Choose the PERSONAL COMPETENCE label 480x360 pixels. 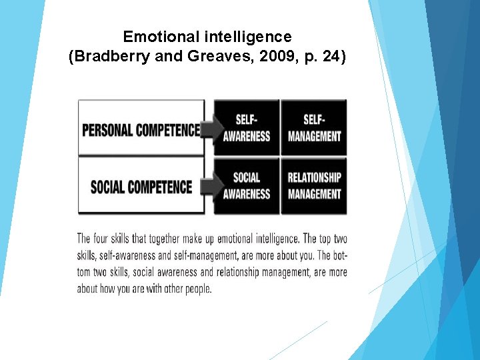pos(141,129)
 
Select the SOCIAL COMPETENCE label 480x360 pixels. pos(141,186)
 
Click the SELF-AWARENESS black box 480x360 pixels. pos(246,127)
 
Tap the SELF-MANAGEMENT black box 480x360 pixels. pos(314,127)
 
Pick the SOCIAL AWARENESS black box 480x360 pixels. pos(246,185)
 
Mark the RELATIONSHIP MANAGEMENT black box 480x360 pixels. pos(314,185)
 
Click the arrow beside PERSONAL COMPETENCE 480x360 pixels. pos(211,129)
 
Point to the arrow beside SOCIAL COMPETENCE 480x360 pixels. pos(211,185)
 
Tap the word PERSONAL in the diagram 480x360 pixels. pos(107,129)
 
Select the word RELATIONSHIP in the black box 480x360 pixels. pos(314,177)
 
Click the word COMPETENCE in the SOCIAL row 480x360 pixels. pos(161,186)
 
